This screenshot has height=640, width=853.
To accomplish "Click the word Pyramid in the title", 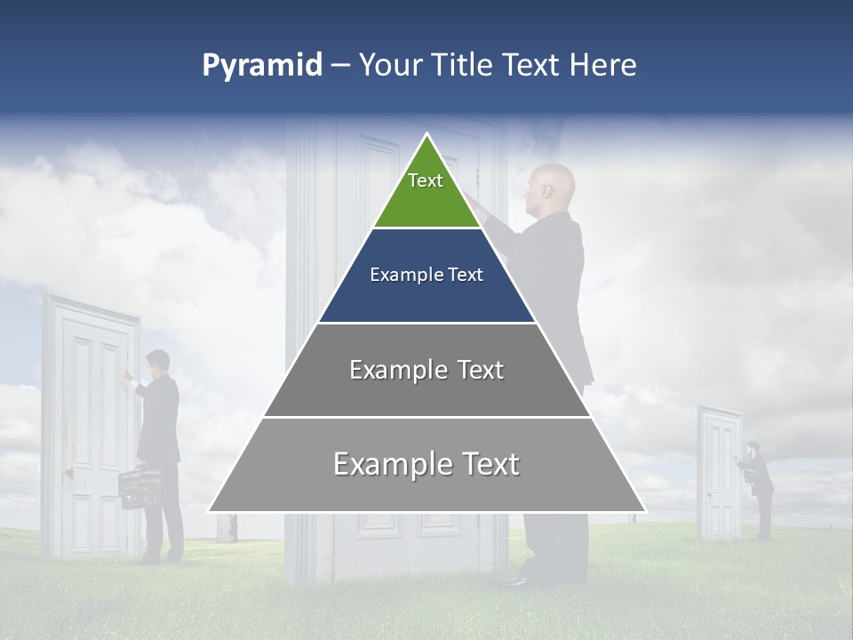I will click(x=261, y=66).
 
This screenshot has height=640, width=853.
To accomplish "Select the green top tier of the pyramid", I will click(x=426, y=191).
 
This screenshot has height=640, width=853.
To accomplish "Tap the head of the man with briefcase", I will click(x=158, y=362).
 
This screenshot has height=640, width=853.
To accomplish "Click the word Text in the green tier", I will click(x=426, y=180).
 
